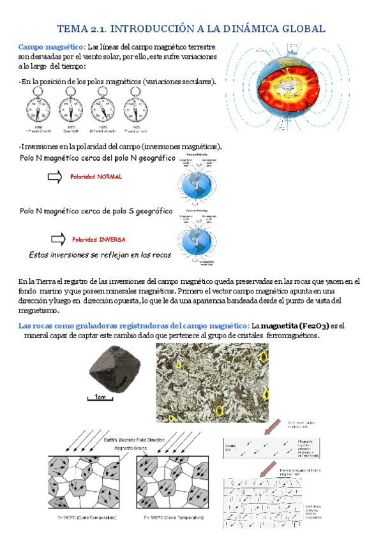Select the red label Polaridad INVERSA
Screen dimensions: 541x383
pos(98,239)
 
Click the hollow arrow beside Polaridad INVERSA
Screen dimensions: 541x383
pos(57,239)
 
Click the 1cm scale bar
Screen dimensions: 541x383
pos(100,398)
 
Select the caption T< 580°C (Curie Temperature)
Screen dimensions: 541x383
pos(174,518)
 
